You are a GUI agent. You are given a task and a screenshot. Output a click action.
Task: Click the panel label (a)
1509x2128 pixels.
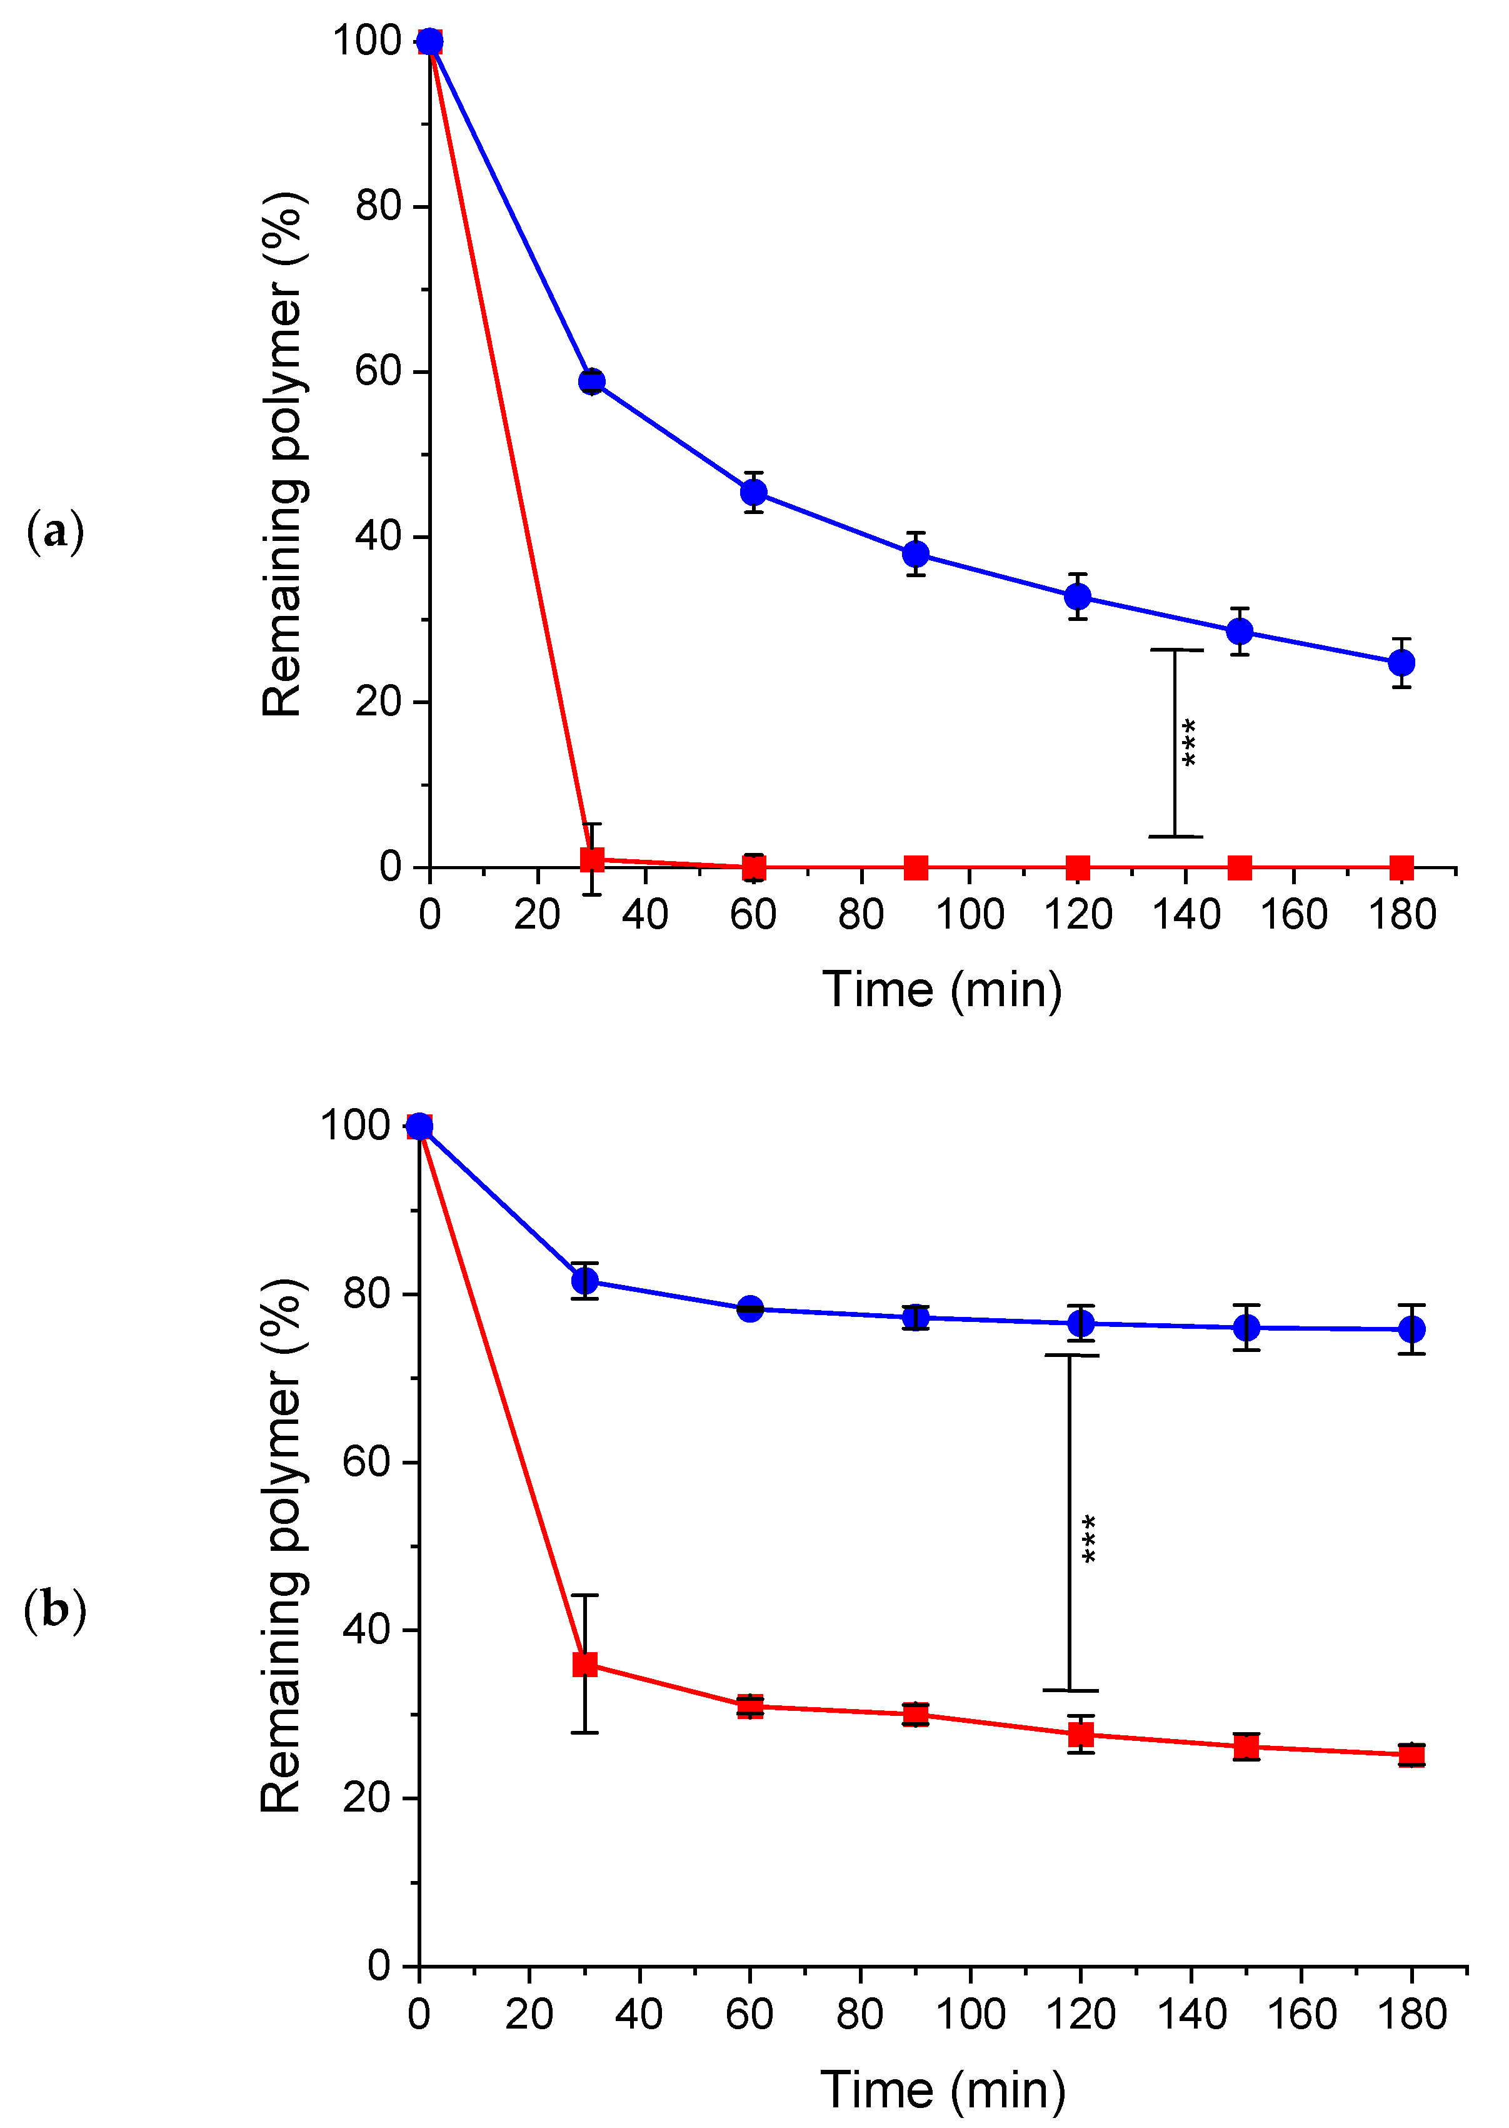(x=55, y=532)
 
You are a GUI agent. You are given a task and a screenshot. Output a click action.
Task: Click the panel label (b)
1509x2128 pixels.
(x=55, y=1608)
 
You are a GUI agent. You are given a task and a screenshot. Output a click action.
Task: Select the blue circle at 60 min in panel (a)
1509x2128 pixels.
(x=754, y=492)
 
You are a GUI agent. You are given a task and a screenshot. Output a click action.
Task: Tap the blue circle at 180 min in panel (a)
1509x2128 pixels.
(x=1401, y=663)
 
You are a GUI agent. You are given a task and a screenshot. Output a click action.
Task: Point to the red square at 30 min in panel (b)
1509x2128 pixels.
(x=584, y=1664)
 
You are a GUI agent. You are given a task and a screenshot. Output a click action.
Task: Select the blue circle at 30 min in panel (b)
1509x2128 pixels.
(x=584, y=1281)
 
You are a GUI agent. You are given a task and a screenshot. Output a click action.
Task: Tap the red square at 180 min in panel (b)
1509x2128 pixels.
(x=1411, y=1755)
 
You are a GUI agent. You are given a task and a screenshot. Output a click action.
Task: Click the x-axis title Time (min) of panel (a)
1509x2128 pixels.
(x=941, y=990)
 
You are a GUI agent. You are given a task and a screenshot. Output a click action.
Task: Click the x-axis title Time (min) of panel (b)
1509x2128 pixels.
(x=941, y=2090)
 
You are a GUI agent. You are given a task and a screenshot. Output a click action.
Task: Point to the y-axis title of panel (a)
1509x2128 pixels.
(x=283, y=455)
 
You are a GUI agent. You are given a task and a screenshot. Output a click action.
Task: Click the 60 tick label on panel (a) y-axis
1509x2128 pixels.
(x=378, y=371)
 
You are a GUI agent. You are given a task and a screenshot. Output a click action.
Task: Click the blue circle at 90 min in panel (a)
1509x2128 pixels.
(x=915, y=554)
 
